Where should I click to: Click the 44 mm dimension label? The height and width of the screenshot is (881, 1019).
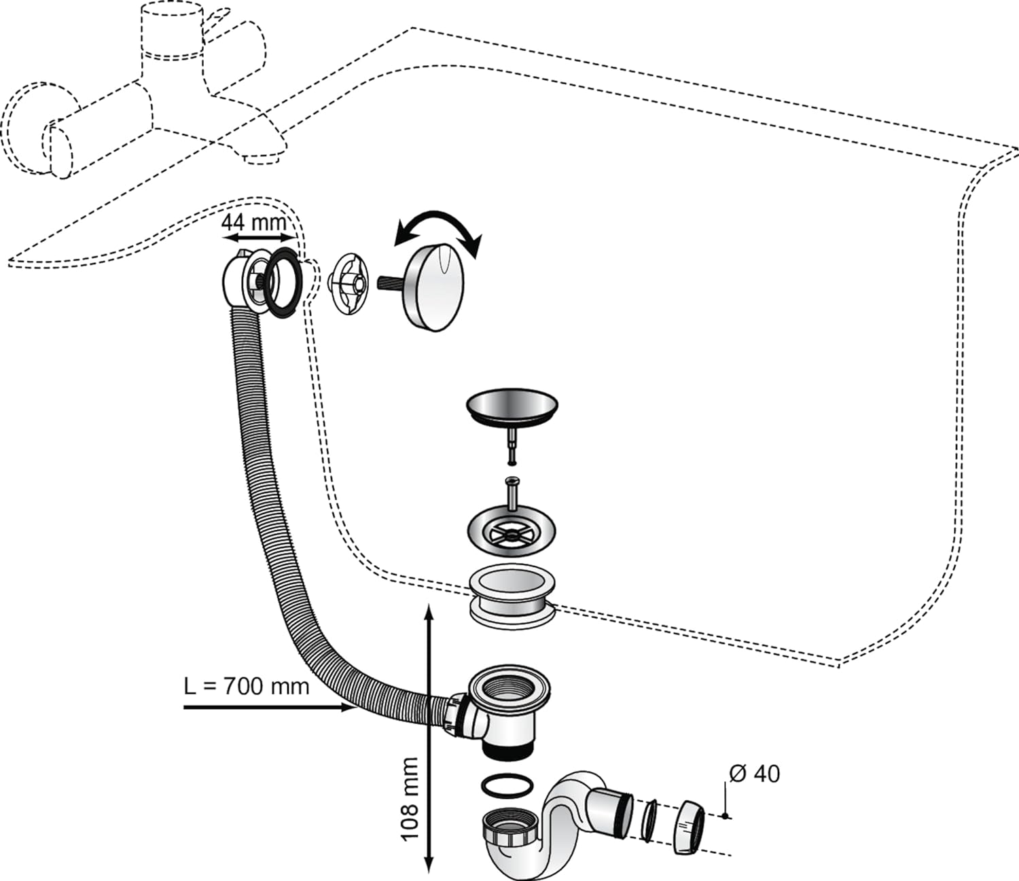pos(254,221)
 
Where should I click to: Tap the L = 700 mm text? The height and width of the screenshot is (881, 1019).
pos(247,686)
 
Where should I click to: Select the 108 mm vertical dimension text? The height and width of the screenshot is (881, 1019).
pos(410,799)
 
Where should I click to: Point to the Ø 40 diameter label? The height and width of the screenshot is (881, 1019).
pos(755,774)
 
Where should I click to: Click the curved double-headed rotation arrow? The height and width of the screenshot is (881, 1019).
pos(439,228)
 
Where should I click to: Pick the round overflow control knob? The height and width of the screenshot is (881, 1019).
pos(434,289)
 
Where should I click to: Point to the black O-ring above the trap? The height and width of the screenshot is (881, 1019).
pos(507,787)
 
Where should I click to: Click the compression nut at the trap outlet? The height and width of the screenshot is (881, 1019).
pos(689,826)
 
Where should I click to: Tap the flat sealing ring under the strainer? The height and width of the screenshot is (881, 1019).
pos(512,594)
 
